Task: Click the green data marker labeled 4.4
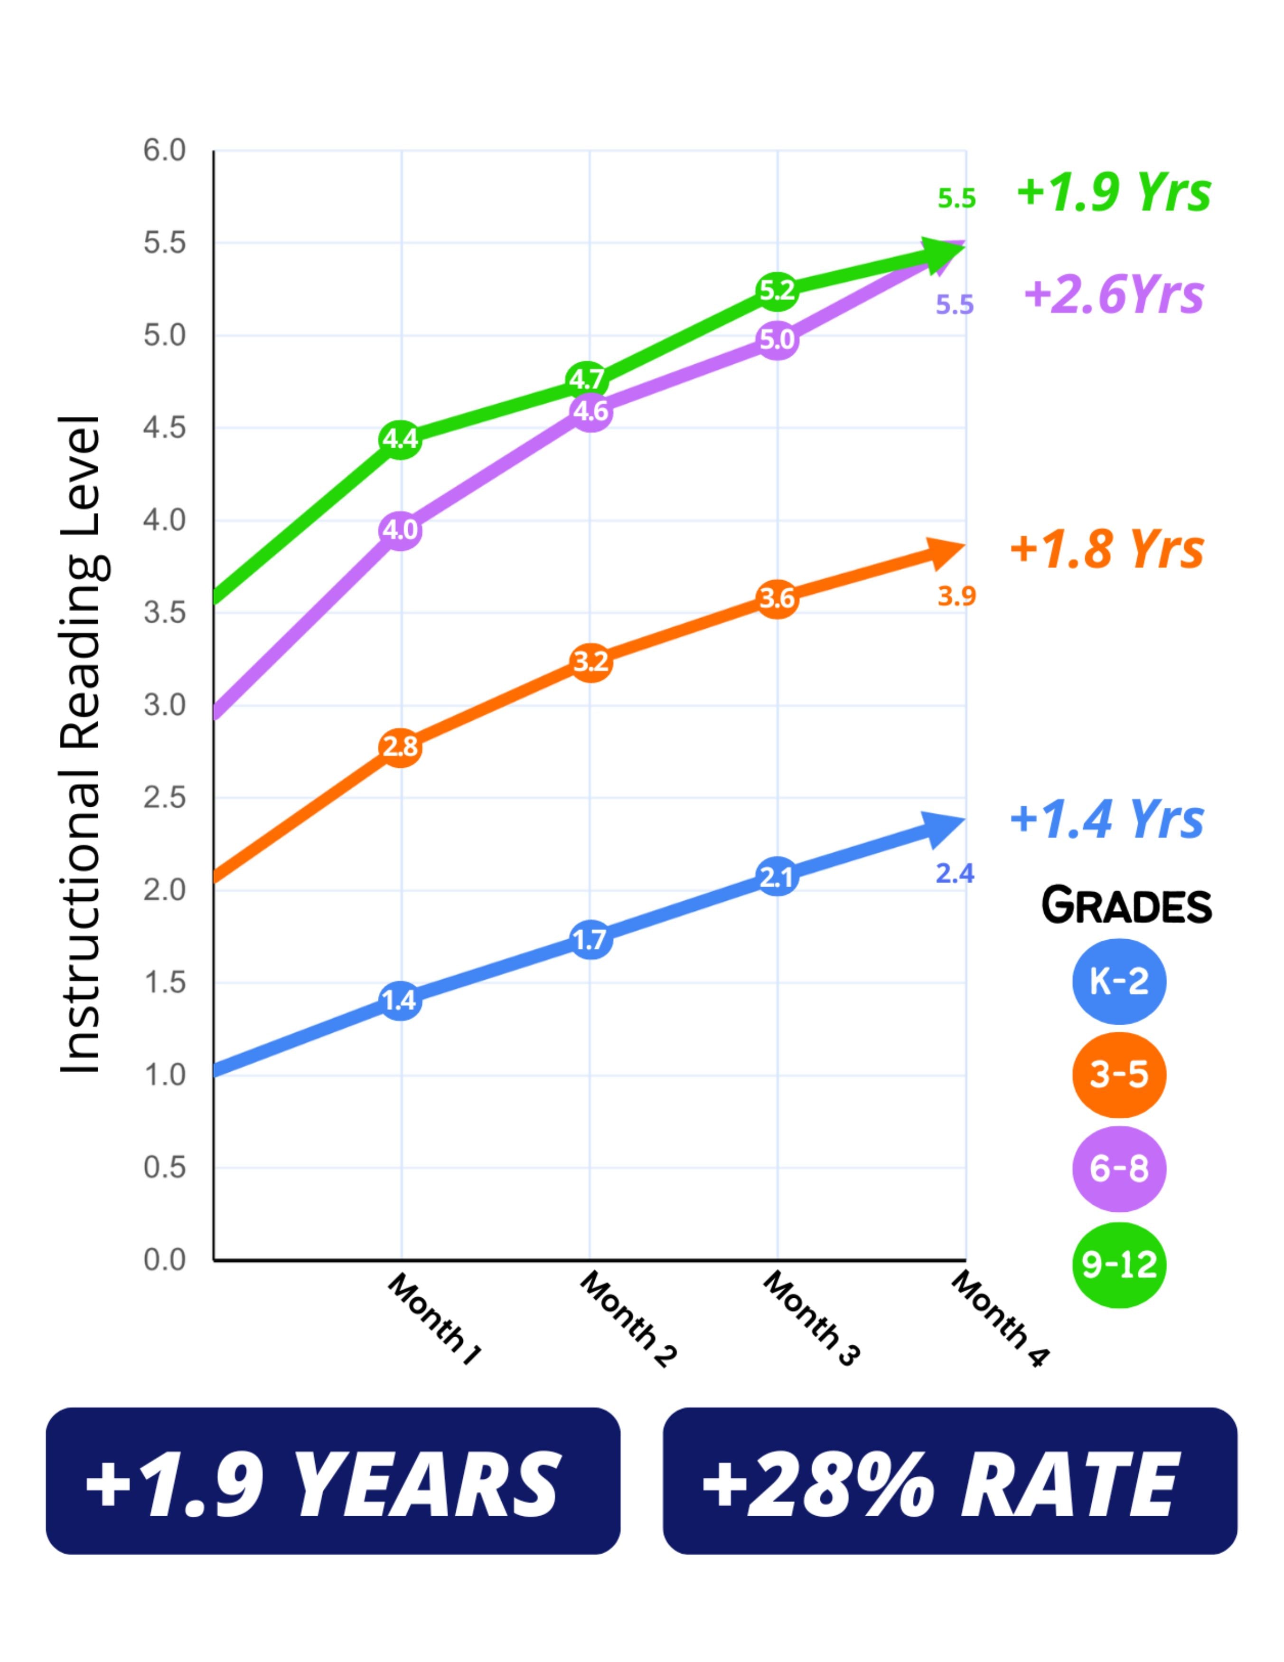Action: (400, 439)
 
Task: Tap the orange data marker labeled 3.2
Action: (590, 662)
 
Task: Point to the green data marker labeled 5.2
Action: (777, 291)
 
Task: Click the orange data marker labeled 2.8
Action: (400, 747)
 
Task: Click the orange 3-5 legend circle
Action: (1118, 1075)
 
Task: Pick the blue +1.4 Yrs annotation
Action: (1107, 819)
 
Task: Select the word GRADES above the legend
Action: (1126, 906)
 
